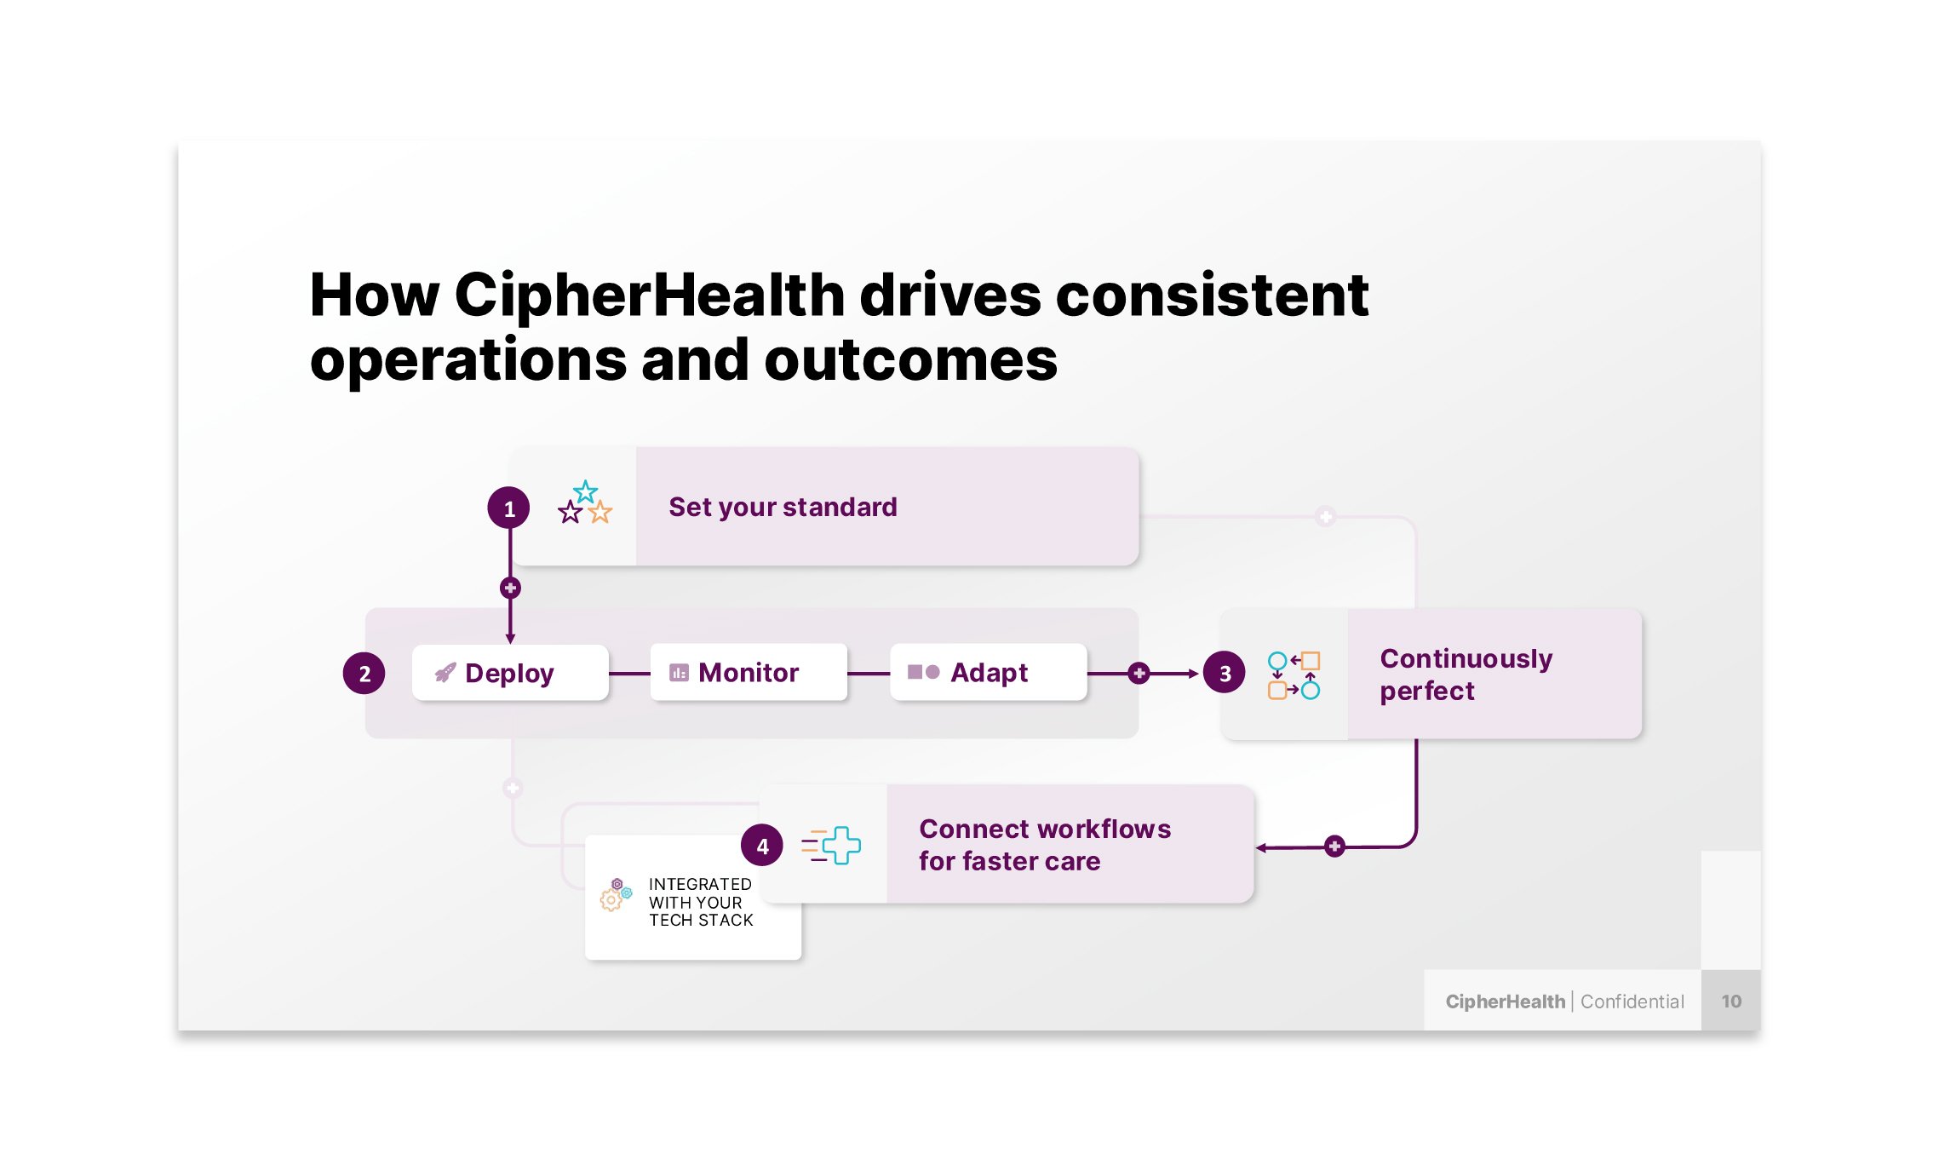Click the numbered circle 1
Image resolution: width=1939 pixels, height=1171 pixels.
point(508,508)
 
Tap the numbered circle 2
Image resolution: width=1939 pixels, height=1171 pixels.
point(364,674)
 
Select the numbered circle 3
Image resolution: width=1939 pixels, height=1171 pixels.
point(1224,674)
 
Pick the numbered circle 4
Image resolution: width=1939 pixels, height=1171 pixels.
point(761,846)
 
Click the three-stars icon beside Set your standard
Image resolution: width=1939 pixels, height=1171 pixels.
point(585,503)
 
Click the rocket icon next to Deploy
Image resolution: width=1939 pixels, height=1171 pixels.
point(445,673)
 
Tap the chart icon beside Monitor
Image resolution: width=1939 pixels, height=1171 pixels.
point(679,673)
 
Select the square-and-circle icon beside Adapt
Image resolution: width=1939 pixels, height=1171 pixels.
point(923,672)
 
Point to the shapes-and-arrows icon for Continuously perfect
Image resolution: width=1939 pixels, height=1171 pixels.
point(1293,675)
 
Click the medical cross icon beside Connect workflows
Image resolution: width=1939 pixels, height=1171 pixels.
point(832,846)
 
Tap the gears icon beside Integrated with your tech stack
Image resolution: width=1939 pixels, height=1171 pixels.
point(615,894)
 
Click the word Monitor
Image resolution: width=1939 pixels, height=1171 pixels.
point(748,673)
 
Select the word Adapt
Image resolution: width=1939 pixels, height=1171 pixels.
point(989,673)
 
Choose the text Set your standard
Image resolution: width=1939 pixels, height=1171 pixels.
point(782,507)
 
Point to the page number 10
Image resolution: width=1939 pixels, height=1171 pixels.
point(1730,1002)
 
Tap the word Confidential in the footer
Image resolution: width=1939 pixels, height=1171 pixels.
point(1632,1002)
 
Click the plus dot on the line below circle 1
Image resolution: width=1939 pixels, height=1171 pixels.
point(510,588)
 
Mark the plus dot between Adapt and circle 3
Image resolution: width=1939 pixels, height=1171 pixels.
point(1139,674)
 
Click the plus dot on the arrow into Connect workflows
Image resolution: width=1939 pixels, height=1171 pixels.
point(1334,847)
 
